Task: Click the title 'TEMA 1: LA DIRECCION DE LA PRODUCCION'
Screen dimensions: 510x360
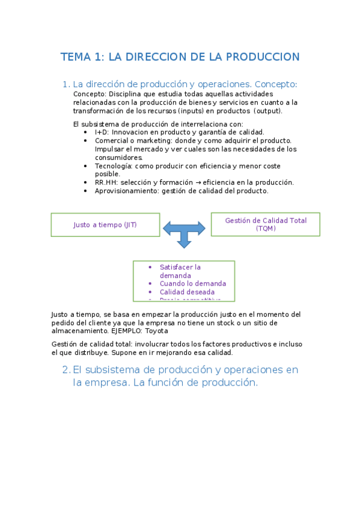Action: (180, 57)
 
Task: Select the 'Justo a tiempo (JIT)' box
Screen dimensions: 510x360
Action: (105, 225)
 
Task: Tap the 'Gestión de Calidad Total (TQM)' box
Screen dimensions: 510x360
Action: (265, 224)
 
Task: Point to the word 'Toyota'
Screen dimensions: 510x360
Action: (156, 331)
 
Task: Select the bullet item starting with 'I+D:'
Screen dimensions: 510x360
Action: (179, 132)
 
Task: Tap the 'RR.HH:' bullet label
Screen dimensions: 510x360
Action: (106, 182)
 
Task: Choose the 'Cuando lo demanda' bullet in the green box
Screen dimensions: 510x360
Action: (193, 283)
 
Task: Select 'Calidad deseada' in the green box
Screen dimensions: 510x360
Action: (187, 292)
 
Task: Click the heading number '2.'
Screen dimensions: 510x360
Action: (66, 370)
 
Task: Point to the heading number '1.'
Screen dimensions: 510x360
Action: (66, 85)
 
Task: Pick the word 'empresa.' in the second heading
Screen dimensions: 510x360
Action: (106, 382)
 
